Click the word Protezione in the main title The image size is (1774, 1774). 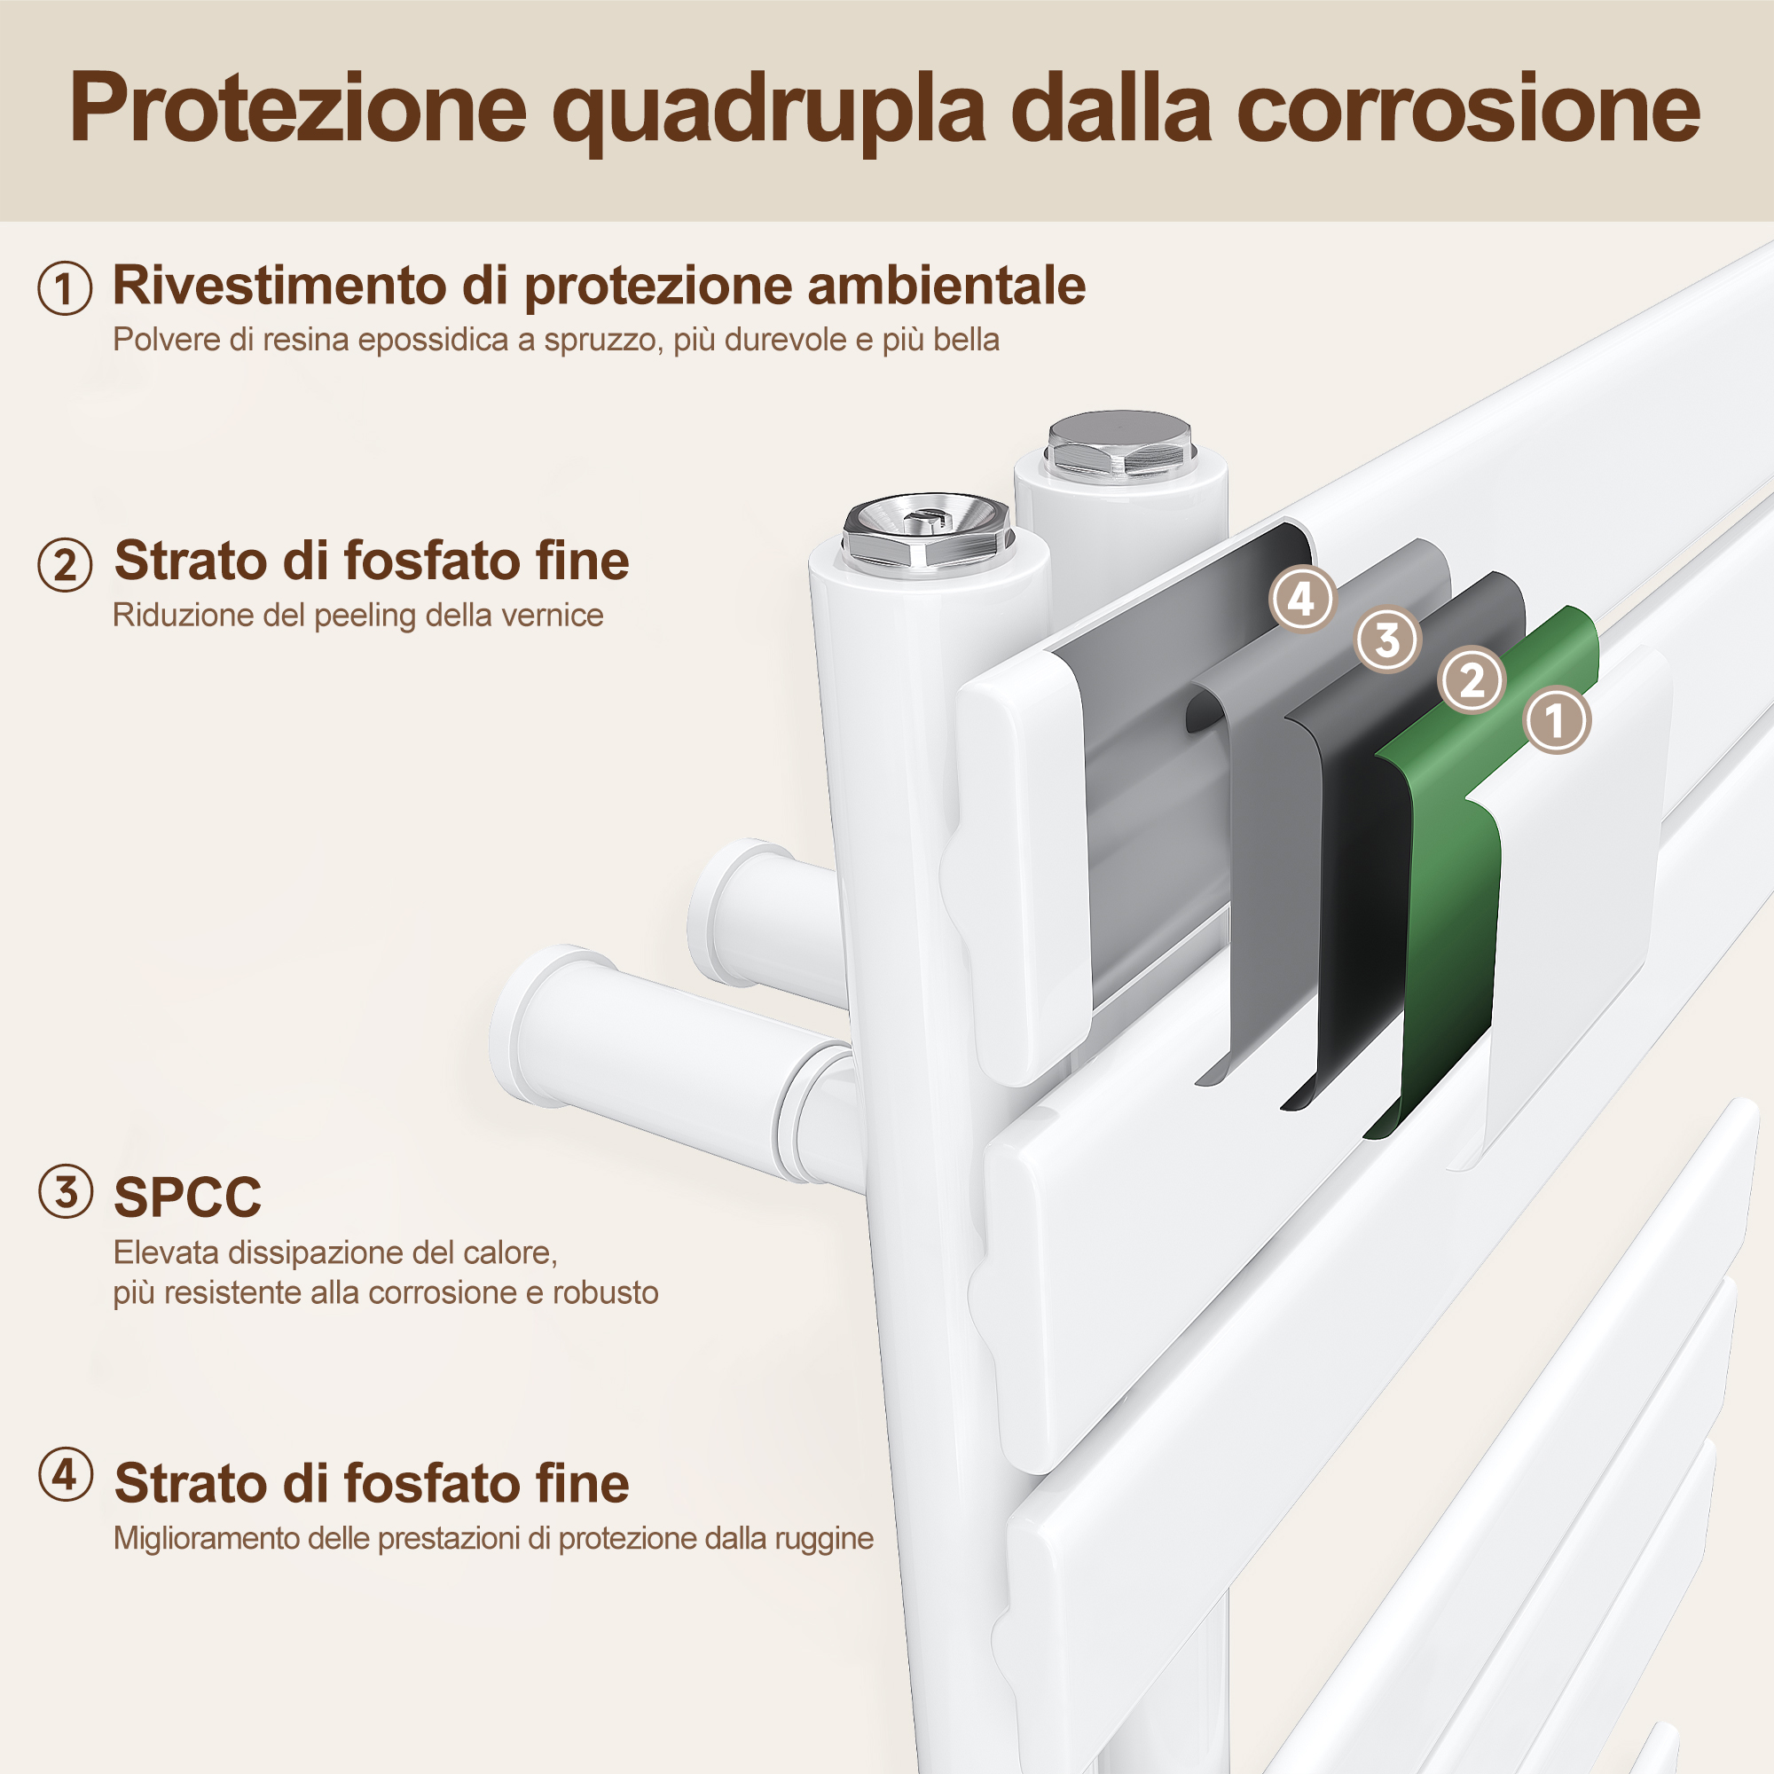point(297,108)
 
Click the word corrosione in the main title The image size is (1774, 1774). point(1468,108)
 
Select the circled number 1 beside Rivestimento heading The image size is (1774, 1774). point(64,287)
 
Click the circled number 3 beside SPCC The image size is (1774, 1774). point(65,1191)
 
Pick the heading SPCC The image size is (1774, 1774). point(187,1197)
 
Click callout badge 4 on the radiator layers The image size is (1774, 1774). point(1301,599)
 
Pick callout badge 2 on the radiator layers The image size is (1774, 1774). point(1472,680)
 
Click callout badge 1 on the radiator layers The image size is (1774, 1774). point(1557,720)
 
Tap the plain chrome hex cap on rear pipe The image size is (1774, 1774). point(1119,444)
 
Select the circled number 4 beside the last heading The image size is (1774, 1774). point(65,1475)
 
